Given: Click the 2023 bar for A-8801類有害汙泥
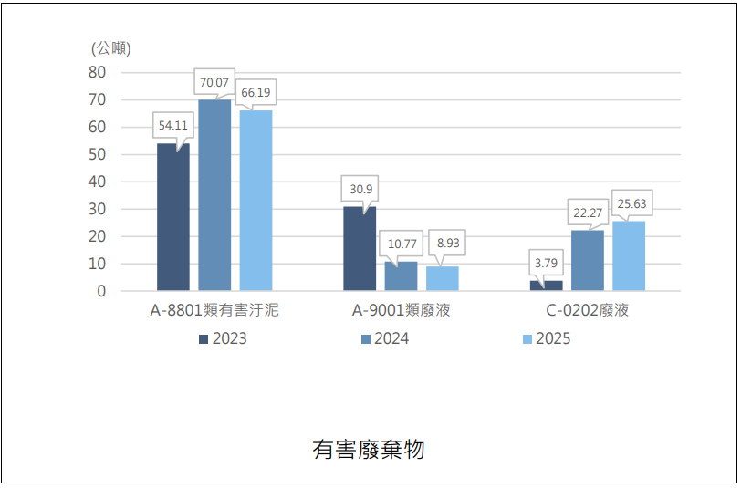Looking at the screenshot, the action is click(x=173, y=217).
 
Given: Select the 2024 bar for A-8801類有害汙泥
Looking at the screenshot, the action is click(x=214, y=195).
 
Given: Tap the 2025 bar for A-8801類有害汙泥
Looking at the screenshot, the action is click(x=256, y=201).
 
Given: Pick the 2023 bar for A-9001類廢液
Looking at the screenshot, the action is click(x=360, y=248).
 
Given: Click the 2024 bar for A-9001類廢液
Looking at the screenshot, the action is click(x=401, y=275).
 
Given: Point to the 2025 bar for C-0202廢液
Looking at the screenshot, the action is click(x=629, y=256).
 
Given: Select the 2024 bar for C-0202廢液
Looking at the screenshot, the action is click(x=588, y=260).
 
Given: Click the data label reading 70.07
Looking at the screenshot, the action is click(x=214, y=82).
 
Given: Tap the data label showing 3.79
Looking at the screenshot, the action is click(x=546, y=263).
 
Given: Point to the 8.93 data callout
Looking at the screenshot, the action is click(x=447, y=243).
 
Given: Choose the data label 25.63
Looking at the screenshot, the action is click(x=631, y=203).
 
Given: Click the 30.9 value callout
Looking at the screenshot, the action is click(x=360, y=189).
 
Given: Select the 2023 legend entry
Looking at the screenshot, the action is click(x=223, y=338).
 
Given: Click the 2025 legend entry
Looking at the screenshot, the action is click(x=547, y=338).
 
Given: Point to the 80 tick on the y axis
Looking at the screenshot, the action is click(x=97, y=72).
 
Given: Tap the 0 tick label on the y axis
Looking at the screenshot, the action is click(x=101, y=291).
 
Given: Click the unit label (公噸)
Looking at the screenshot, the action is click(x=111, y=48).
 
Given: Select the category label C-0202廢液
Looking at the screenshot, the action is click(x=588, y=310).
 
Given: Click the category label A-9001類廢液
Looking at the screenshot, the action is click(x=402, y=310).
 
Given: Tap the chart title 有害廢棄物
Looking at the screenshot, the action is click(x=369, y=450).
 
